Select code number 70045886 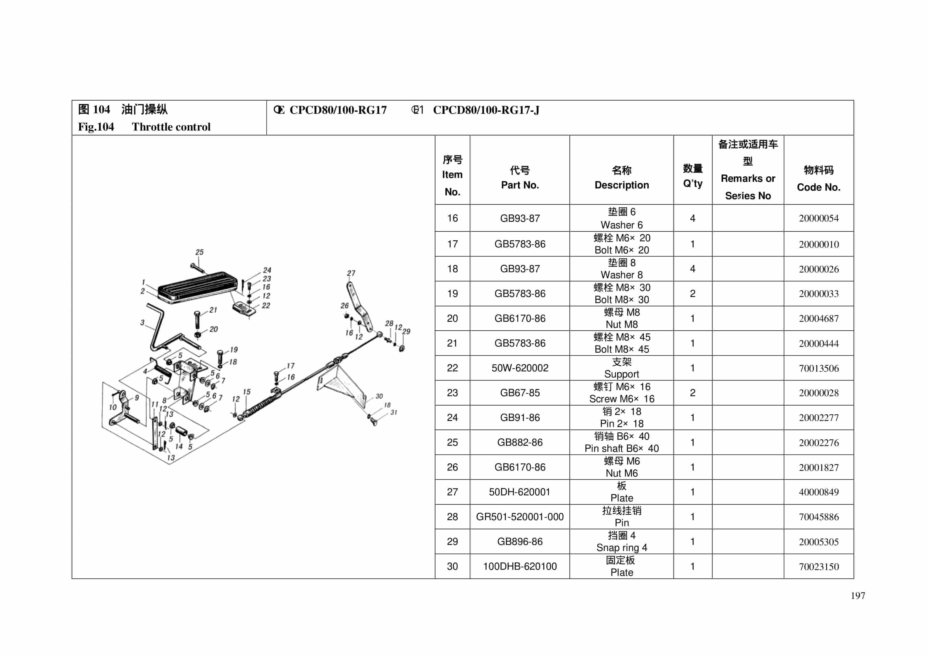coord(818,517)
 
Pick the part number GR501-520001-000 coord(519,517)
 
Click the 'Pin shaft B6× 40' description coord(621,448)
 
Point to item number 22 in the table coord(452,368)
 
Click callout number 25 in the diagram coord(199,252)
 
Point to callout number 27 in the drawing coord(351,273)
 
